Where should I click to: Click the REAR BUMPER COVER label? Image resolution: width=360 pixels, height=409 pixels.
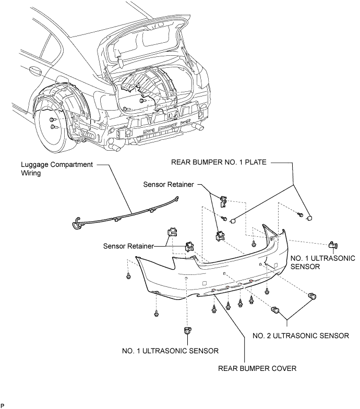[257, 368]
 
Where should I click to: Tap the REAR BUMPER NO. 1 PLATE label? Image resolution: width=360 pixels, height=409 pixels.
[219, 162]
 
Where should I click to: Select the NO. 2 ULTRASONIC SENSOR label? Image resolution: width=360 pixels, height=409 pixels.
[301, 335]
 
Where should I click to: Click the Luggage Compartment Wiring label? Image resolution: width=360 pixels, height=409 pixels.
[57, 169]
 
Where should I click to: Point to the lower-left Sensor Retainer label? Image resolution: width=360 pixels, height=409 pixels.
[128, 246]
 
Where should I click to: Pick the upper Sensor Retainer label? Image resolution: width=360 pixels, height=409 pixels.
[169, 185]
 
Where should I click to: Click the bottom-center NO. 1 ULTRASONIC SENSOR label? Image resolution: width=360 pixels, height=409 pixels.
[170, 351]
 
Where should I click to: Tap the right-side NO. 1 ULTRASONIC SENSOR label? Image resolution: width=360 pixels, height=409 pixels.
[322, 262]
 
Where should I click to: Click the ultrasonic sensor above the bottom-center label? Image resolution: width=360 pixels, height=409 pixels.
[187, 330]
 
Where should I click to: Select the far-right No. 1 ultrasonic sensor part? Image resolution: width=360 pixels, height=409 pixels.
[333, 245]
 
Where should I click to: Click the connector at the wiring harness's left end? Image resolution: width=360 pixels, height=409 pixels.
[76, 223]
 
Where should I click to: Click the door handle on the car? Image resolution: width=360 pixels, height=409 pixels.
[35, 70]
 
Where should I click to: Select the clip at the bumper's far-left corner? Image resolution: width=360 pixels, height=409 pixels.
[128, 275]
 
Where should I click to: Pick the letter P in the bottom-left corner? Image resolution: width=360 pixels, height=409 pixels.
[2, 406]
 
